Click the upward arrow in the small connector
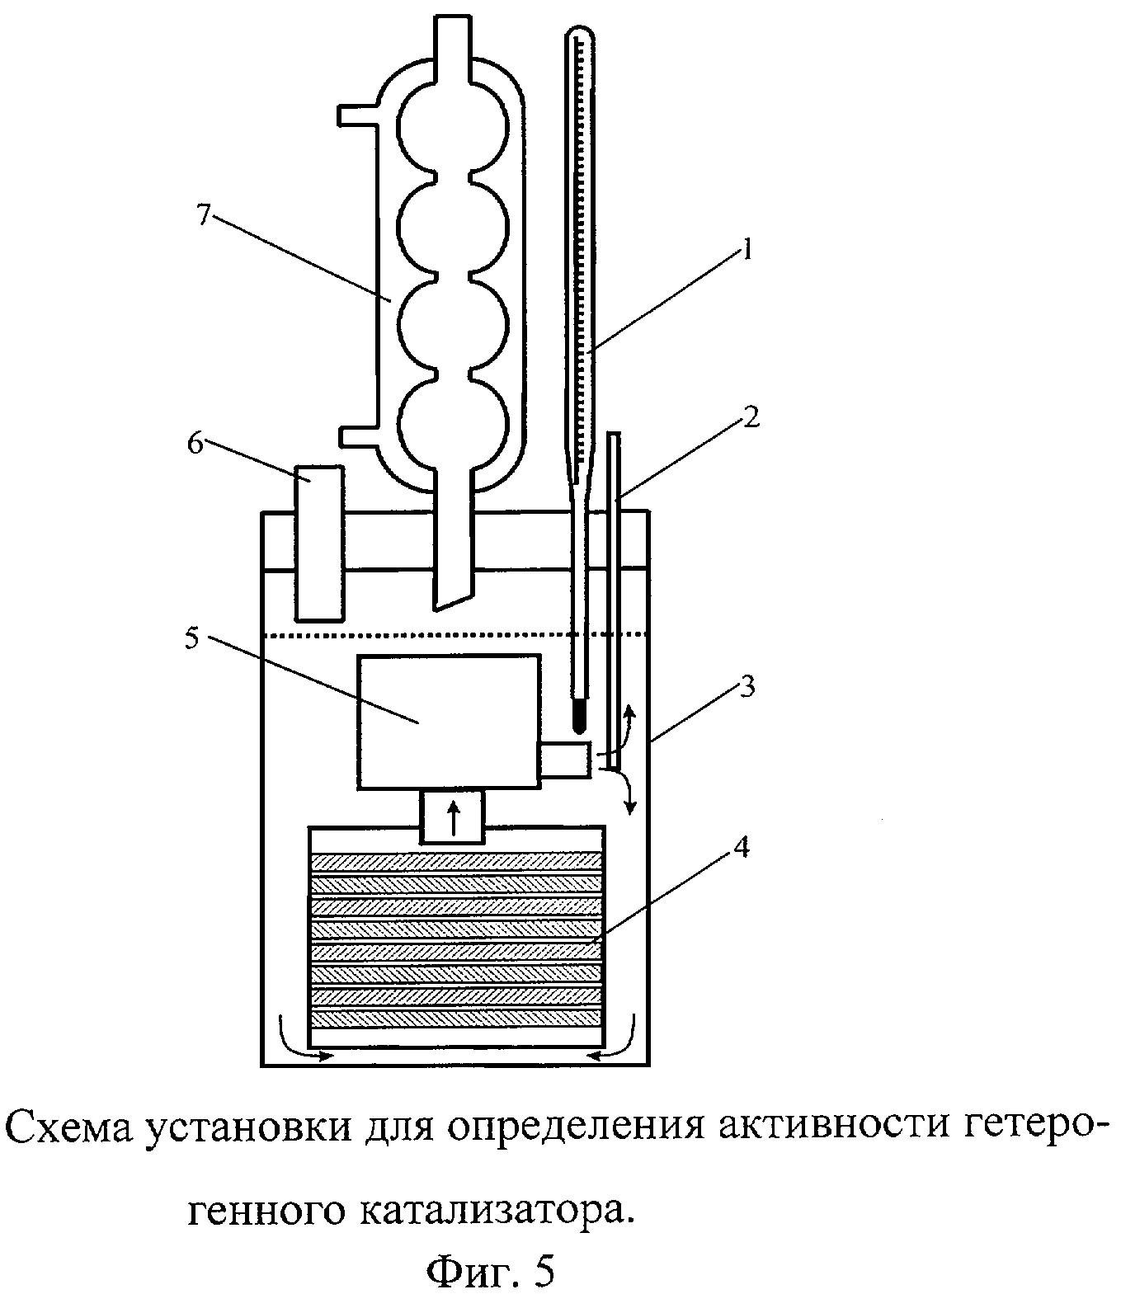pyautogui.click(x=452, y=819)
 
